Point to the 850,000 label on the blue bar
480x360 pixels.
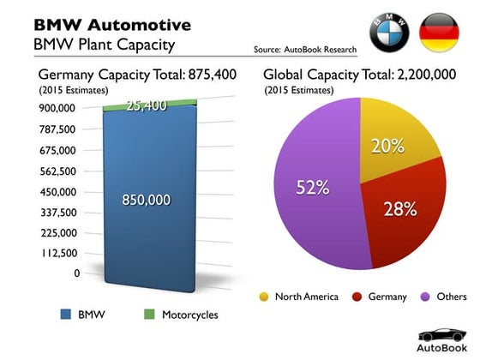coord(146,200)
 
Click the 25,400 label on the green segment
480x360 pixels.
coord(146,106)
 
